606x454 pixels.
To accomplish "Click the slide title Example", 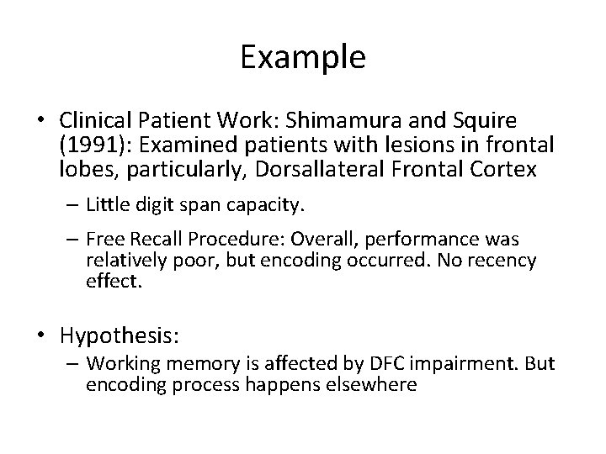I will [x=302, y=57].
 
